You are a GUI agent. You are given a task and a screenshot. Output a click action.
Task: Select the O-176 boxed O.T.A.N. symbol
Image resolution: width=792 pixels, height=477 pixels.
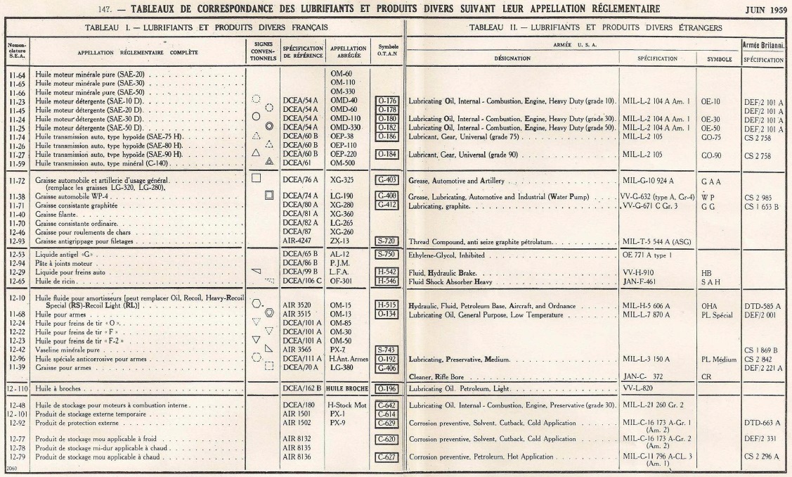coord(387,101)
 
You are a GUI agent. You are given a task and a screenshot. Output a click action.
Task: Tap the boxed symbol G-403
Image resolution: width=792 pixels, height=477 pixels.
coord(387,179)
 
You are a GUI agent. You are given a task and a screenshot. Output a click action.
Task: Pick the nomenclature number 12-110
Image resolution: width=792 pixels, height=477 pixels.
coord(17,388)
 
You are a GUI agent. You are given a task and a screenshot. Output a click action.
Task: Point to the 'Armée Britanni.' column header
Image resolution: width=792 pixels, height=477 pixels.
coord(763,44)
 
